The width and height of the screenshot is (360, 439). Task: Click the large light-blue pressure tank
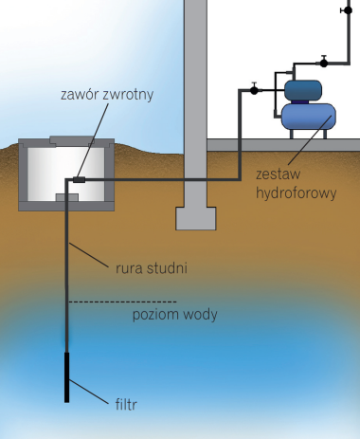[306, 117]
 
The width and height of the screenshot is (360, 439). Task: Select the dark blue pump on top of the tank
[304, 89]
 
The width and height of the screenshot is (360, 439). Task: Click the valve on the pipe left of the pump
[256, 91]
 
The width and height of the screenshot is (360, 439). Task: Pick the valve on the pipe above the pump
[323, 63]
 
